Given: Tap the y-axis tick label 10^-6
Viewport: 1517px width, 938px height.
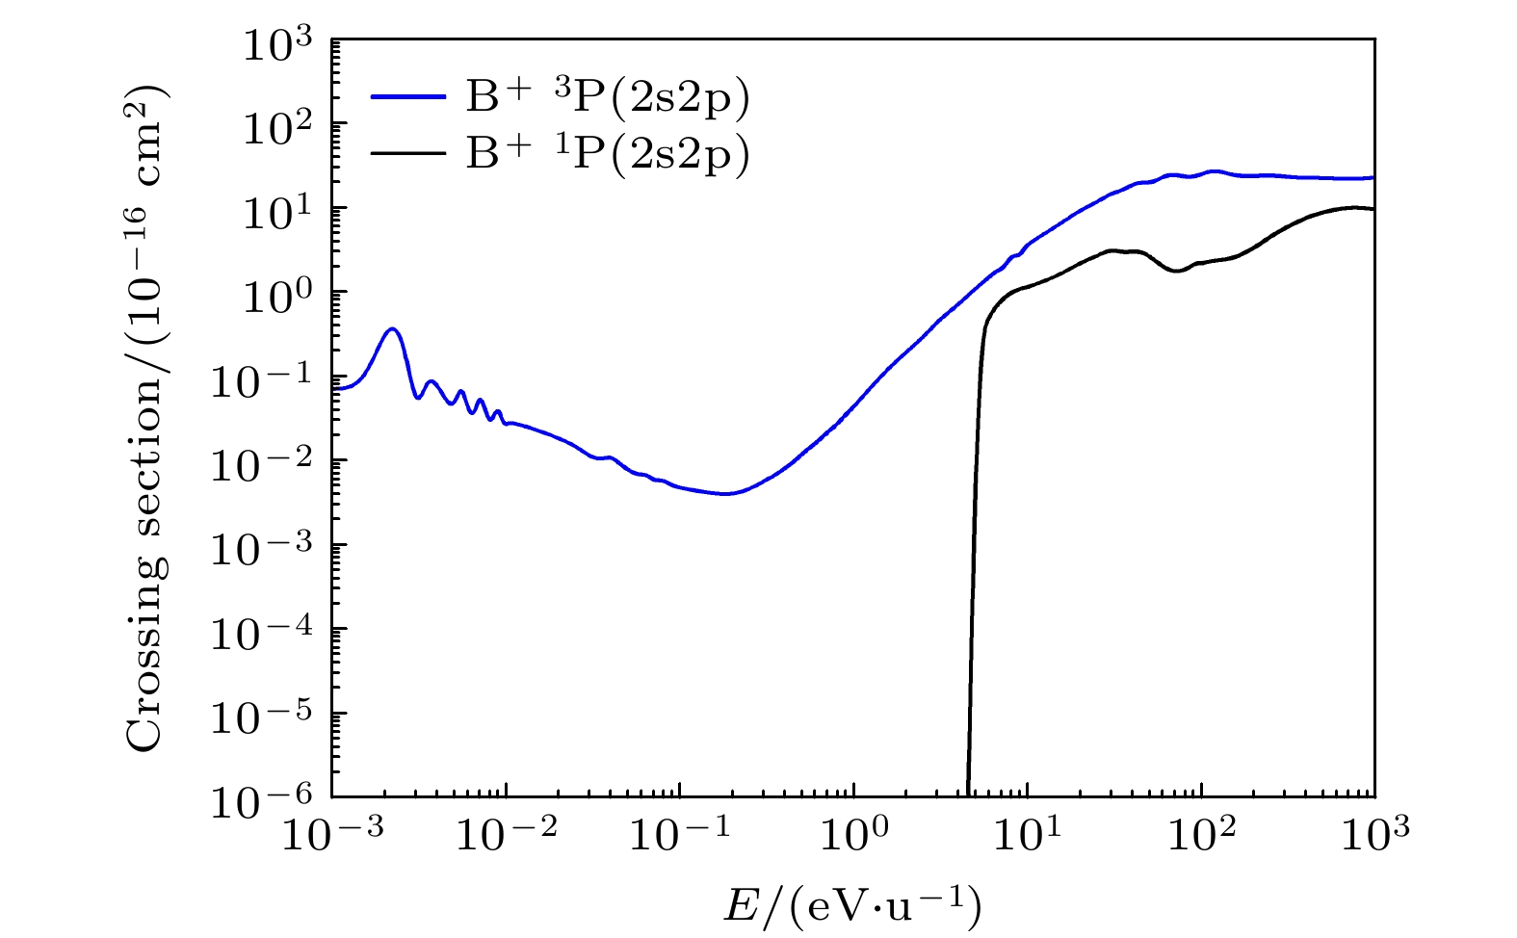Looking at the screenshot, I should (271, 801).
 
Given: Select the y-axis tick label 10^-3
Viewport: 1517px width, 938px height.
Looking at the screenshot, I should (271, 549).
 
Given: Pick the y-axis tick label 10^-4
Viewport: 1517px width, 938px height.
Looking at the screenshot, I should (271, 633).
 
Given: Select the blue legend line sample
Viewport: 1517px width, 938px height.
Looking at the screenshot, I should (408, 98).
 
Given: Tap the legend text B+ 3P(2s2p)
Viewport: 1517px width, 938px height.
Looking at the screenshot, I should (607, 98).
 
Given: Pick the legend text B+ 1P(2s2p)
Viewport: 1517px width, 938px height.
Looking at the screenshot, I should (607, 154).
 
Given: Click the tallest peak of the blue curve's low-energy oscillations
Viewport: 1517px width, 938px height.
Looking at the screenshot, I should (392, 329).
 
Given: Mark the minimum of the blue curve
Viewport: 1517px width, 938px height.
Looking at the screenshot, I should (726, 494).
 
